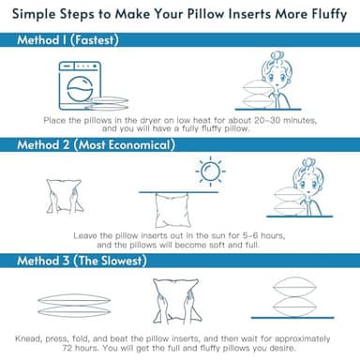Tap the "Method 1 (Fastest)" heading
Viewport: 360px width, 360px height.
(67, 40)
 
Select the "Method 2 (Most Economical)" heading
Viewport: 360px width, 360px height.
(96, 145)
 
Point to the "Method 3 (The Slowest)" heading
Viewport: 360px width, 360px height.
(82, 261)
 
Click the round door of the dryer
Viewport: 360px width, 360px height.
(80, 89)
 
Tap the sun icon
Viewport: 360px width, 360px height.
(210, 172)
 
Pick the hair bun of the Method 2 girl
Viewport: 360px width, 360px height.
(308, 162)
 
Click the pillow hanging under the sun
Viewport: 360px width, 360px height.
(172, 210)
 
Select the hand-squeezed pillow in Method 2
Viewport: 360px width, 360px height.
(65, 196)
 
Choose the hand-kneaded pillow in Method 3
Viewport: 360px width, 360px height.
(176, 301)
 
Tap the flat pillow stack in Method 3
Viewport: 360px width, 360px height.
(74, 306)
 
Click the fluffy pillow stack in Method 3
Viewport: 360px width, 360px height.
(294, 296)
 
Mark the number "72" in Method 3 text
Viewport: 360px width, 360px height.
(67, 348)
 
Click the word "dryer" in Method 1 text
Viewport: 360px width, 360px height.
(151, 121)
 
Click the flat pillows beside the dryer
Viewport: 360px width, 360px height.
(107, 103)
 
